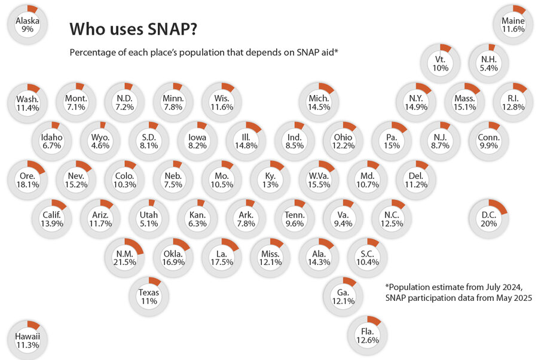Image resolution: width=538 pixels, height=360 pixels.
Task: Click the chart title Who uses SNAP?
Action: click(134, 29)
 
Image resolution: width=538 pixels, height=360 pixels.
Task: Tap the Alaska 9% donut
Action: click(27, 23)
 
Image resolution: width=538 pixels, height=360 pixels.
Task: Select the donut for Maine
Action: click(513, 23)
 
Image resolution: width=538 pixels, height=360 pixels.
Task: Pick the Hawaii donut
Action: click(27, 340)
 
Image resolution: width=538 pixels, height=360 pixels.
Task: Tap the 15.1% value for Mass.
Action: click(464, 108)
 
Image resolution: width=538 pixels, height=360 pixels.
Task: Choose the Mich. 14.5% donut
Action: click(319, 102)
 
